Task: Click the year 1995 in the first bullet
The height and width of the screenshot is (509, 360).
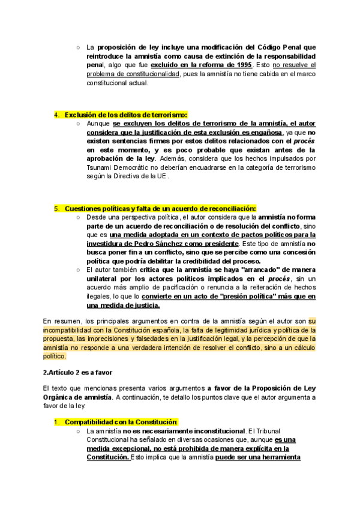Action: click(243, 64)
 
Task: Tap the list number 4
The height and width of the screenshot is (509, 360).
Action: click(56, 115)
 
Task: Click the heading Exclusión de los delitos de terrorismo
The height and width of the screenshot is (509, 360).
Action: click(126, 115)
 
